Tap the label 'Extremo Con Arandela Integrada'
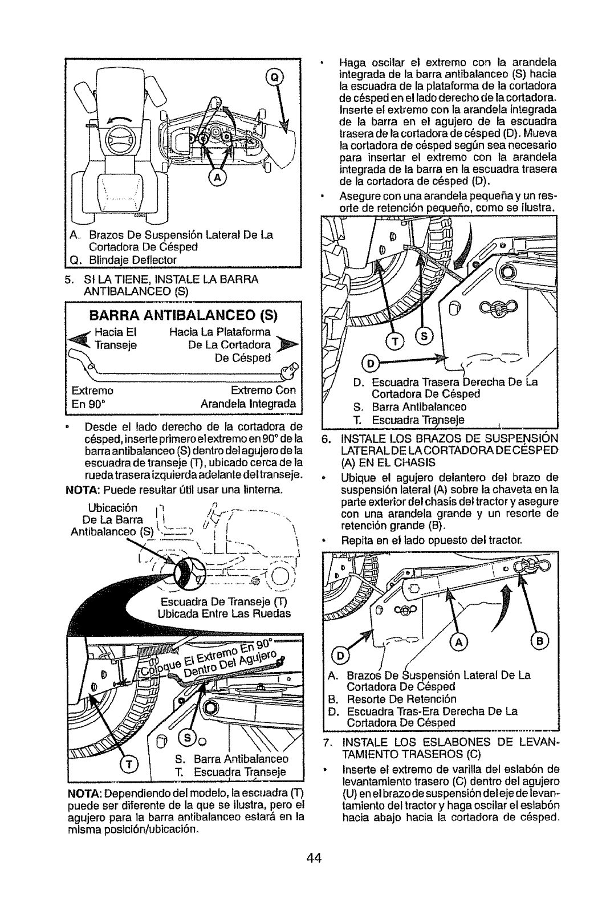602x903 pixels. point(250,397)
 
